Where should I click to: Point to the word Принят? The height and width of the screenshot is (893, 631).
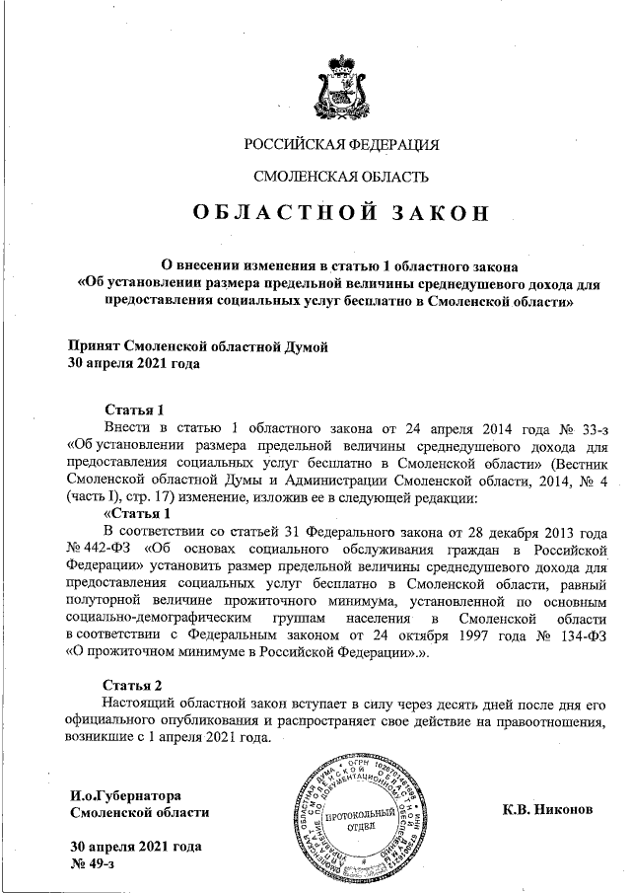click(x=94, y=346)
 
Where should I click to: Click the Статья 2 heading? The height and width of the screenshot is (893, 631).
click(x=133, y=685)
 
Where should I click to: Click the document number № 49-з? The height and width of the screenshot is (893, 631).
click(x=94, y=863)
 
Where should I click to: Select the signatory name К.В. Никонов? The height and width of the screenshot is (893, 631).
click(x=548, y=810)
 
